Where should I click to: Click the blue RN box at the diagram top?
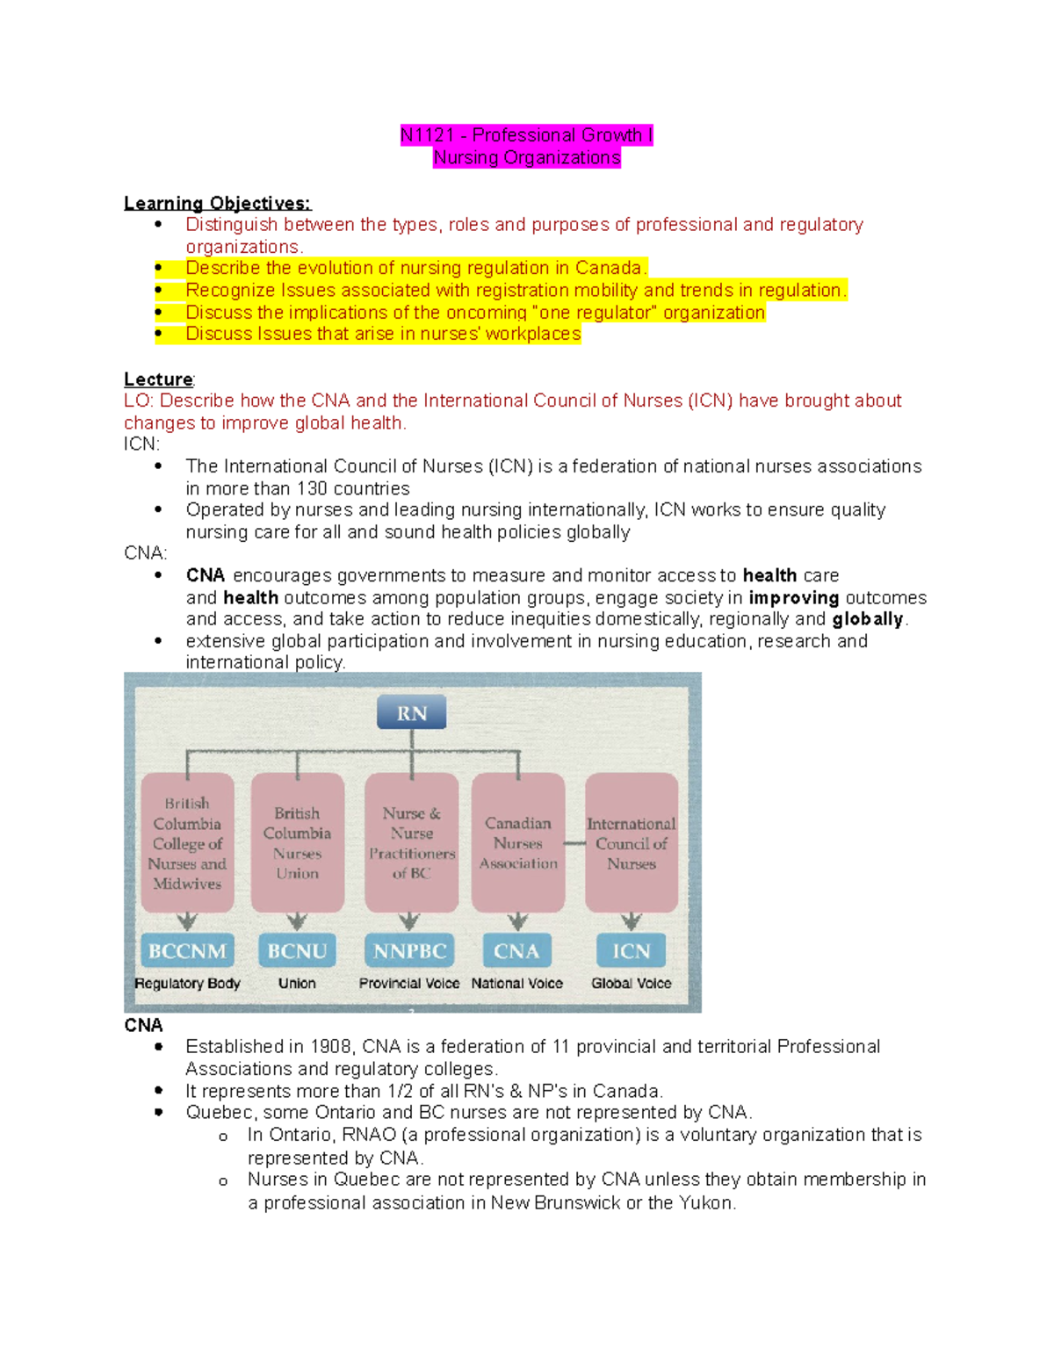[411, 712]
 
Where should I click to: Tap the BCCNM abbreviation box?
[187, 950]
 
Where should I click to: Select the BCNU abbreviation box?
[297, 950]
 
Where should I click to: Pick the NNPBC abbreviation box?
[409, 950]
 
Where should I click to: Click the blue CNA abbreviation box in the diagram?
[516, 950]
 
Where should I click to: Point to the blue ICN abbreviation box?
[631, 950]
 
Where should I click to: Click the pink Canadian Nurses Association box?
[518, 843]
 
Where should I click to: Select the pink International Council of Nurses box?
[632, 843]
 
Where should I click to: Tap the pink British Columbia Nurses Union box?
[297, 843]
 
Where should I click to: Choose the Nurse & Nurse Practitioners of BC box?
[411, 843]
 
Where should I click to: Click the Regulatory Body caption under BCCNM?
[187, 984]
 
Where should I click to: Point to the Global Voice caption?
[631, 984]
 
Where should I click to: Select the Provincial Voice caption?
[409, 984]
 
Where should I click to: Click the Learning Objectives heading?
[217, 204]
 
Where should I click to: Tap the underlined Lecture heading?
[158, 379]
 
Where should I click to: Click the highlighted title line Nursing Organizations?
[527, 158]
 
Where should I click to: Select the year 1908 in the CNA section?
[330, 1047]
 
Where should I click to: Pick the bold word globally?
[868, 619]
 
